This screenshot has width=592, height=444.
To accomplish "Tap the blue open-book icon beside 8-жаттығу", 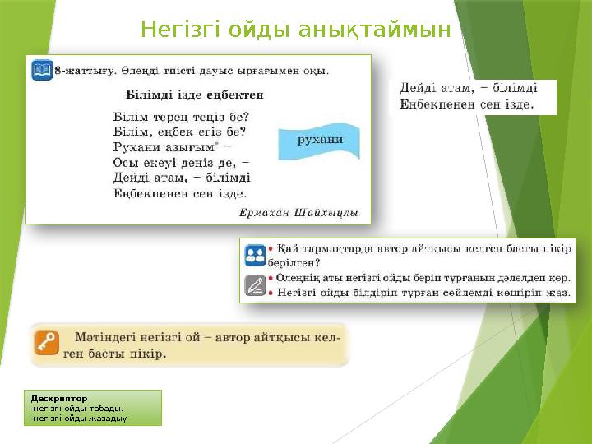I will [41, 71].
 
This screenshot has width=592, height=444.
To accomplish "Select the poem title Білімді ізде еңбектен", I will [195, 95].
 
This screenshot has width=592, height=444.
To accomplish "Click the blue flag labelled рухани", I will [319, 141].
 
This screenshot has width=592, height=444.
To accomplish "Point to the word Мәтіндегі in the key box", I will [109, 338].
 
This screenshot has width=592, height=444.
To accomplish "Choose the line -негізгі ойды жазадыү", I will [79, 417].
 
